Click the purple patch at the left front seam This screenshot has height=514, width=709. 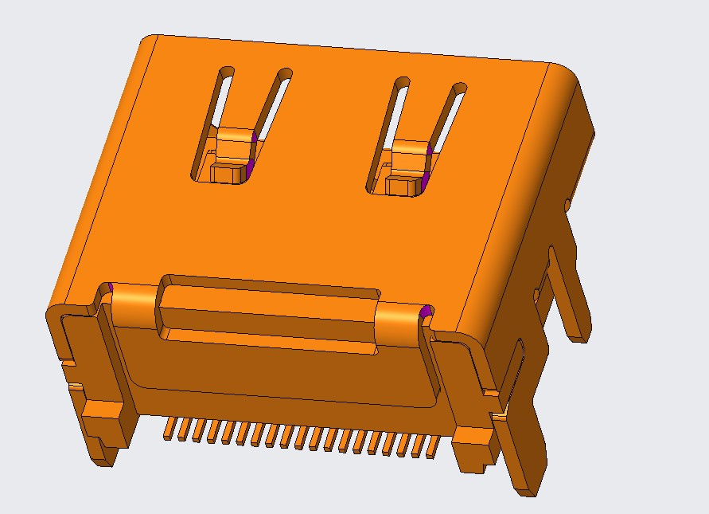112,288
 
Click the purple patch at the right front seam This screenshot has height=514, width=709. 426,312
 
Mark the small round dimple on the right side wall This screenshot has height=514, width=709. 567,206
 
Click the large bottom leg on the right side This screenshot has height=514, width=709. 525,446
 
